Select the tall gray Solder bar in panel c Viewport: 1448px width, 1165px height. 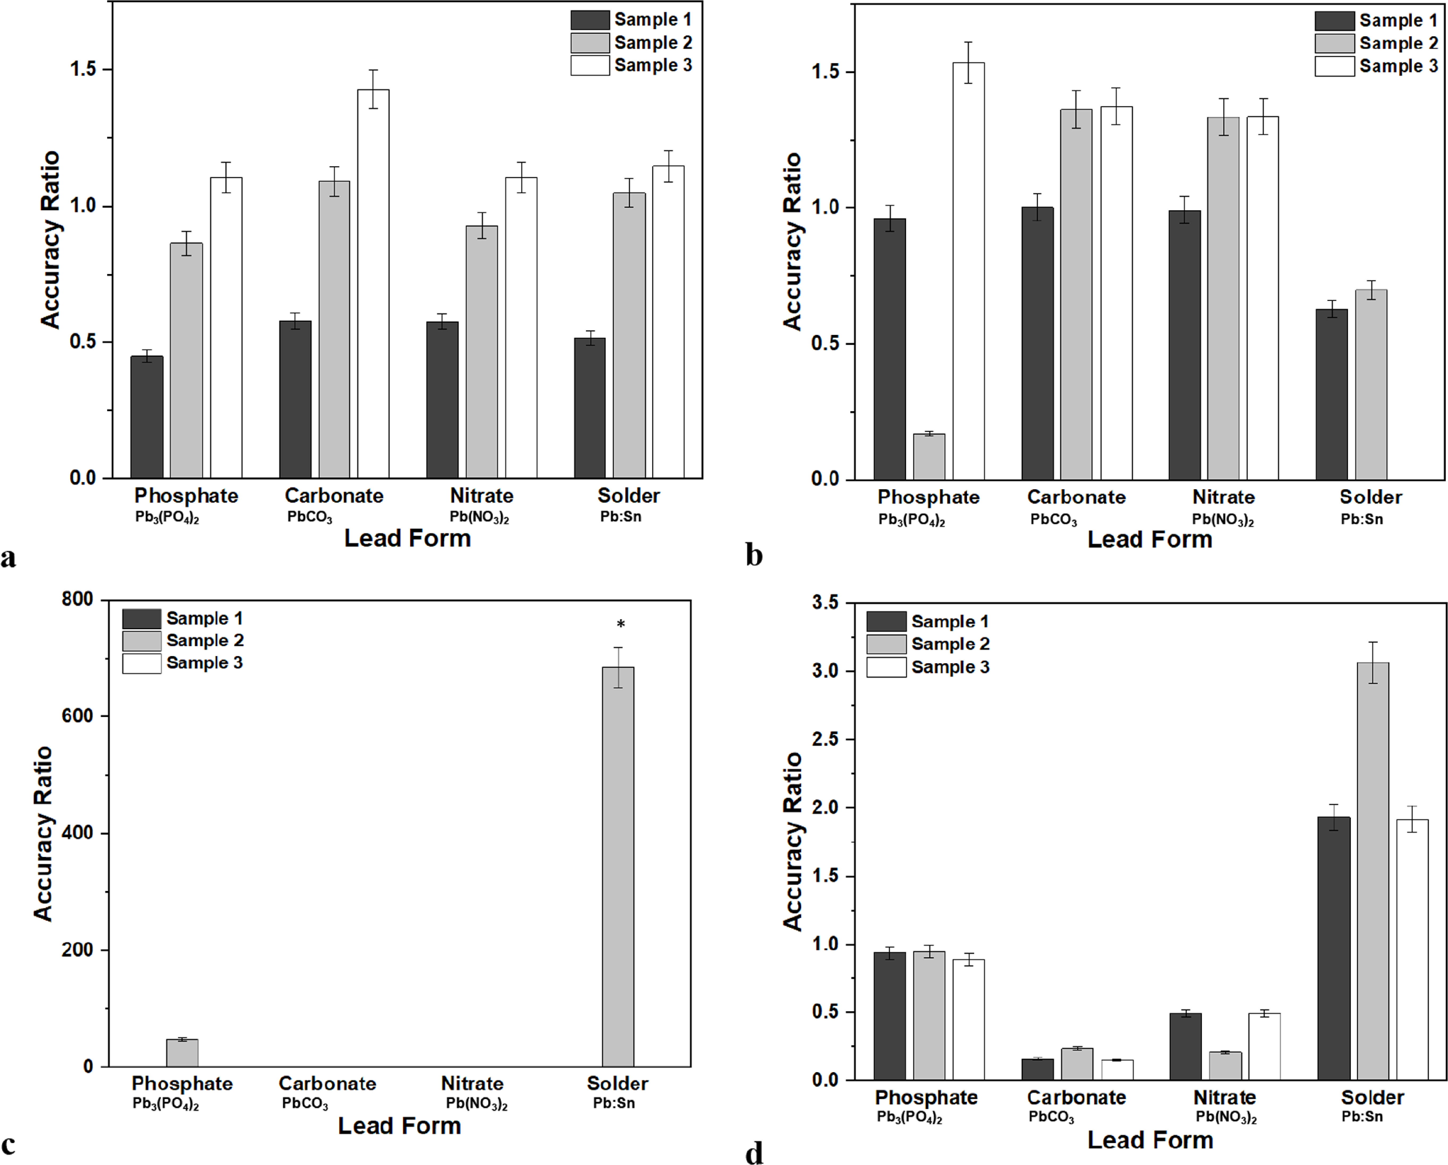point(618,866)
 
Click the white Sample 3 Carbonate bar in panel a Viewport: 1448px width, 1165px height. point(373,283)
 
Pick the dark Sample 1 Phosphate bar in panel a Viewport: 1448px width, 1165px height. point(146,417)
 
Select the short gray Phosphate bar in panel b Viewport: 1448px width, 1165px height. point(929,457)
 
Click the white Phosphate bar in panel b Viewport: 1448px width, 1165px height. point(968,271)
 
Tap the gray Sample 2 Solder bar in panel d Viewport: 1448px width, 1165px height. point(1373,871)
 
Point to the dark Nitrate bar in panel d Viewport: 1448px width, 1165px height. point(1186,1046)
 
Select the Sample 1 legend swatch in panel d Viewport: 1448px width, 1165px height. point(886,621)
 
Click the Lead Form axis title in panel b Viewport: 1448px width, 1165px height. point(1150,539)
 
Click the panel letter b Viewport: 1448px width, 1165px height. point(754,555)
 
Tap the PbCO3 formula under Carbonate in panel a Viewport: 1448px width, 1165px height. point(310,518)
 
